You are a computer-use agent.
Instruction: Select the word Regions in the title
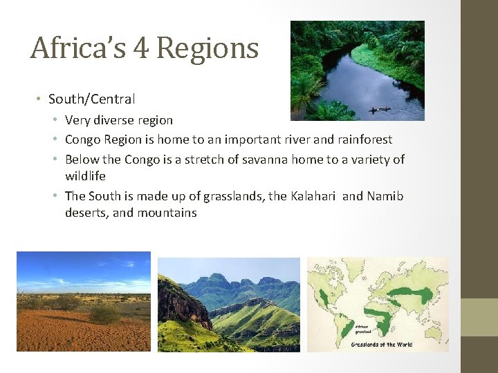point(207,48)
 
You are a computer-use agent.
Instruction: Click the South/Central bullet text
point(91,99)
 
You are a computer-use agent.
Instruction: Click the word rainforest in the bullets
point(364,140)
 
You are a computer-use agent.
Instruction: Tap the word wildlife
point(85,176)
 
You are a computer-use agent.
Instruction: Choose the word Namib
point(385,196)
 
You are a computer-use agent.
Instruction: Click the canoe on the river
point(378,109)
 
